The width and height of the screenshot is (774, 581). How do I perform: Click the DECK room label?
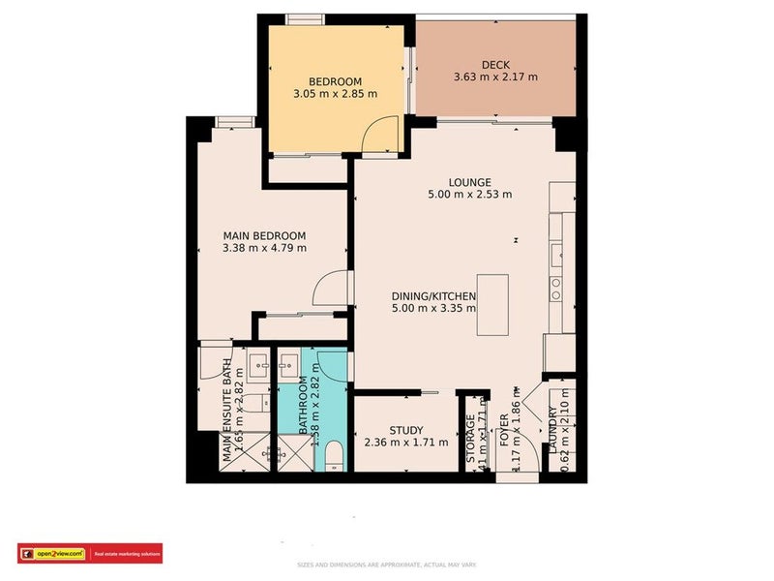click(x=495, y=64)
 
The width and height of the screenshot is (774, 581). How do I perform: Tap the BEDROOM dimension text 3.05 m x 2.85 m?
click(x=335, y=94)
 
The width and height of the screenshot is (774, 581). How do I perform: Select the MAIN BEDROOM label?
click(x=264, y=235)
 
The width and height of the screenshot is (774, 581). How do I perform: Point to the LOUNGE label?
click(x=470, y=182)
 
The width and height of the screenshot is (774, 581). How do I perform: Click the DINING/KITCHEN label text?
click(x=433, y=295)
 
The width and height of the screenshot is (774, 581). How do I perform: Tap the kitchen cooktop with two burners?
click(x=556, y=287)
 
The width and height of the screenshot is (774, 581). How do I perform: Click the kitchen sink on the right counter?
click(x=557, y=255)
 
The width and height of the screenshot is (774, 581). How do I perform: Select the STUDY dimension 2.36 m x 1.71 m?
click(x=406, y=443)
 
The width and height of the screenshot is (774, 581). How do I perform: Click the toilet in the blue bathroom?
click(x=332, y=456)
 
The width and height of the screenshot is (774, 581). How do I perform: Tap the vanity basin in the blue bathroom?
click(x=287, y=366)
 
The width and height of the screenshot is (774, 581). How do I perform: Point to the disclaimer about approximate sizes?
click(x=386, y=565)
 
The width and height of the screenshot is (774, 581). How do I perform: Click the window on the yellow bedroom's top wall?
click(x=301, y=17)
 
